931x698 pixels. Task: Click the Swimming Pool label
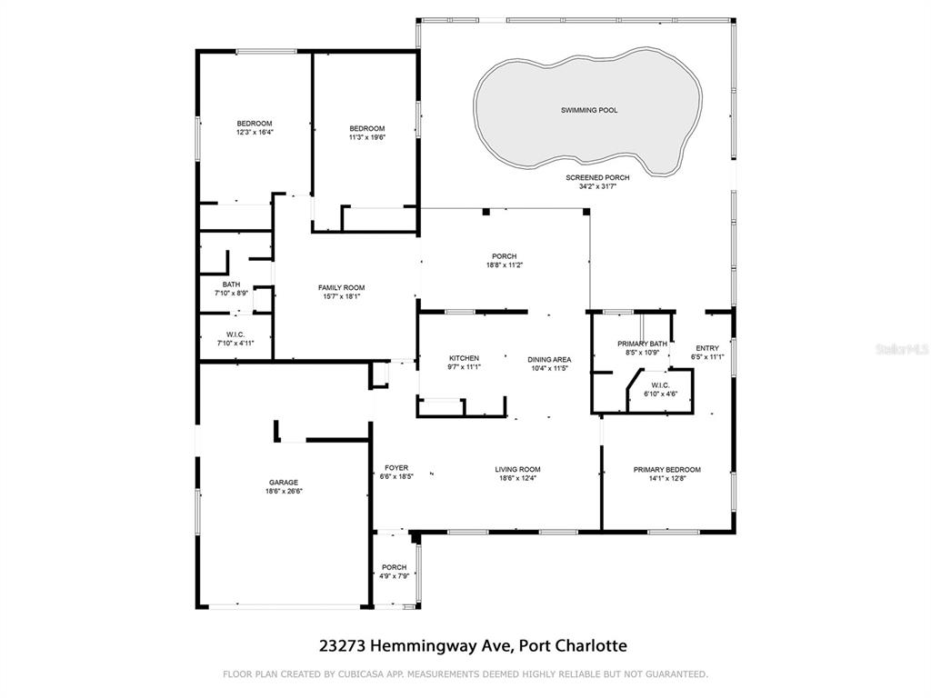point(589,110)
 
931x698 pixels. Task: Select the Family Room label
point(342,288)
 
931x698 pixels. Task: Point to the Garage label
point(284,483)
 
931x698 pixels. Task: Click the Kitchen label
point(464,358)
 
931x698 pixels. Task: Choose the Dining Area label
point(549,360)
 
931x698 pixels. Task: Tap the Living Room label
point(517,470)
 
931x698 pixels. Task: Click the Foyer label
point(396,468)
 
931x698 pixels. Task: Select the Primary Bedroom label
point(666,470)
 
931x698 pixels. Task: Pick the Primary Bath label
point(642,344)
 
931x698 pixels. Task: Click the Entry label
point(707,348)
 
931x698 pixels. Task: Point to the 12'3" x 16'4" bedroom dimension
point(255,133)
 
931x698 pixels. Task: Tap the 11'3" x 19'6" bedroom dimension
point(367,137)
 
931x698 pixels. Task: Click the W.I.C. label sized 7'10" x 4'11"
point(235,334)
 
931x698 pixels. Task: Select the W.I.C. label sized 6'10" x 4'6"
point(660,385)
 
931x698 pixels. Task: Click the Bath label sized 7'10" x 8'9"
point(231,284)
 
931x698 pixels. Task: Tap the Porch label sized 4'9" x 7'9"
point(395,567)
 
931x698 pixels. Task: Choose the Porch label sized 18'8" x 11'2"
point(504,256)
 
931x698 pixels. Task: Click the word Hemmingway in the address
point(441,646)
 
